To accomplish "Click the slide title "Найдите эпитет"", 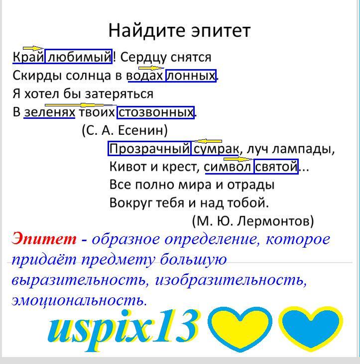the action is (179, 30).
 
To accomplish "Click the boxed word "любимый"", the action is (79, 56).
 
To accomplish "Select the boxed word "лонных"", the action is (191, 76).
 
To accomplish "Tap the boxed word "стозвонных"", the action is (156, 112).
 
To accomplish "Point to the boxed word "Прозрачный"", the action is (149, 149).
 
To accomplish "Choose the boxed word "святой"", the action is (276, 167).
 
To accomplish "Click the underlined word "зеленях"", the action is (49, 112).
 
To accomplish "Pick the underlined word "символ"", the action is (227, 167).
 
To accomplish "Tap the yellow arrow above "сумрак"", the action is (208, 141).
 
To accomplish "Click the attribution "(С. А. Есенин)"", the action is (125, 130).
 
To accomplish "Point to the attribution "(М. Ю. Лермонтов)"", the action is (253, 221).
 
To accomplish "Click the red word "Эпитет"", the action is (44, 239).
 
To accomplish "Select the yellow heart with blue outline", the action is (240, 329).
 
